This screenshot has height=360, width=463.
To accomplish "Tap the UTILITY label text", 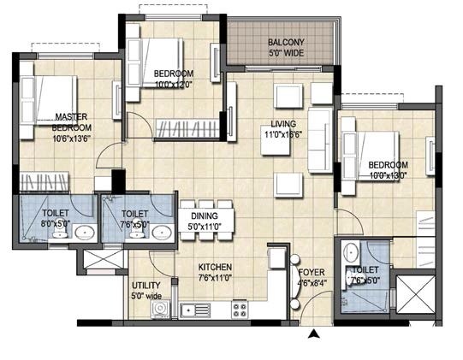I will [146, 286].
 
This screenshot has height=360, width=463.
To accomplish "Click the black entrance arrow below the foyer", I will [315, 334].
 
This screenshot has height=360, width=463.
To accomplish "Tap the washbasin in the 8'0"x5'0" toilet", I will [85, 233].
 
